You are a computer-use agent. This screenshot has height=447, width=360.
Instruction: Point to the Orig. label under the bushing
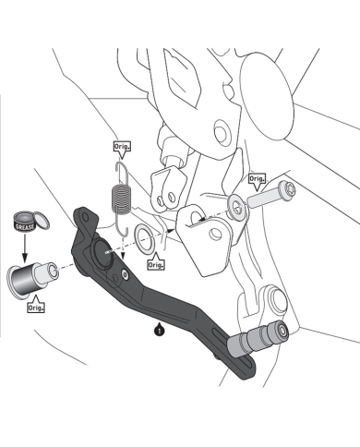tap(36, 306)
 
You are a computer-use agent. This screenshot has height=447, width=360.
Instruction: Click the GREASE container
tap(25, 222)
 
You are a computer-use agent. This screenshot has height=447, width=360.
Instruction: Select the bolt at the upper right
tap(270, 196)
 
